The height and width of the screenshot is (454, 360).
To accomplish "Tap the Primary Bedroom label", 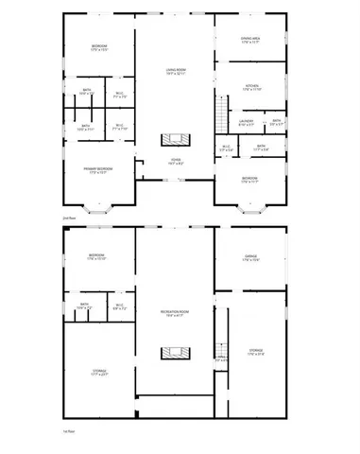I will [x=99, y=170].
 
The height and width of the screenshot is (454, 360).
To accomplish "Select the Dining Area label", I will [x=250, y=40].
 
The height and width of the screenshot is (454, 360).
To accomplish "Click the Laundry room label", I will [x=246, y=122].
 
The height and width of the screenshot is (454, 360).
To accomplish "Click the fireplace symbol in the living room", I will [x=175, y=140].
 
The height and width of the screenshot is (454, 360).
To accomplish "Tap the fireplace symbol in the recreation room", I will [x=175, y=355].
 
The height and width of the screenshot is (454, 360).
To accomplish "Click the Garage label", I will [x=250, y=257].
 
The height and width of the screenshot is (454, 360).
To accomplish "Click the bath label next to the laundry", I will [x=276, y=122].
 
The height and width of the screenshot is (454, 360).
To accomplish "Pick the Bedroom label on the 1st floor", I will [x=97, y=256].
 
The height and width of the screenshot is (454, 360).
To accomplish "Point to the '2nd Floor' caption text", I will [x=67, y=218].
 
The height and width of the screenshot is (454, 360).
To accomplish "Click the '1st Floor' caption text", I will [x=67, y=431].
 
